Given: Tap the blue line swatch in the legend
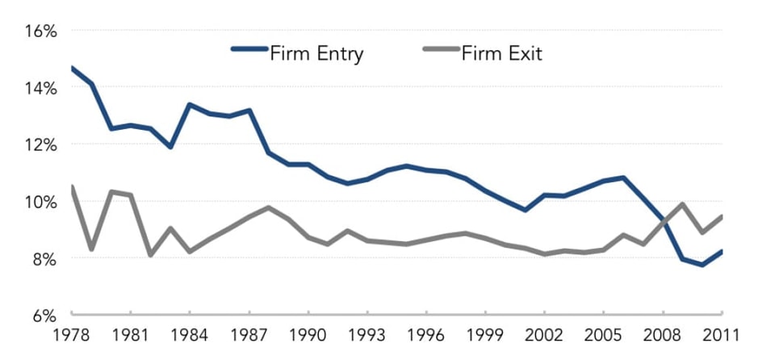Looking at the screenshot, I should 249,49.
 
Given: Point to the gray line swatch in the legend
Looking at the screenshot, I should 441,49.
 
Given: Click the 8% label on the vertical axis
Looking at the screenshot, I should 43,259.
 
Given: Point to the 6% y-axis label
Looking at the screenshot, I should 43,316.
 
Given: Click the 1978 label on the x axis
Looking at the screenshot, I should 72,333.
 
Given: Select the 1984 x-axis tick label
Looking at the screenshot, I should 190,333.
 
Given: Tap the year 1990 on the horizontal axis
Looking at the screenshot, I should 308,333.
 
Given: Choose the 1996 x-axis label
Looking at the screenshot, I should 426,333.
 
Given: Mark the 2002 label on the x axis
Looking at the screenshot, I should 544,333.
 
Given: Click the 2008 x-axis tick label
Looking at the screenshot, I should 662,333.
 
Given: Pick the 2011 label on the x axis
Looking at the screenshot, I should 721,333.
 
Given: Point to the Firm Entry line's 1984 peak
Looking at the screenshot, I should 190,105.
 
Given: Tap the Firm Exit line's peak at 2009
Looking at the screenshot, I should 682,203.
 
